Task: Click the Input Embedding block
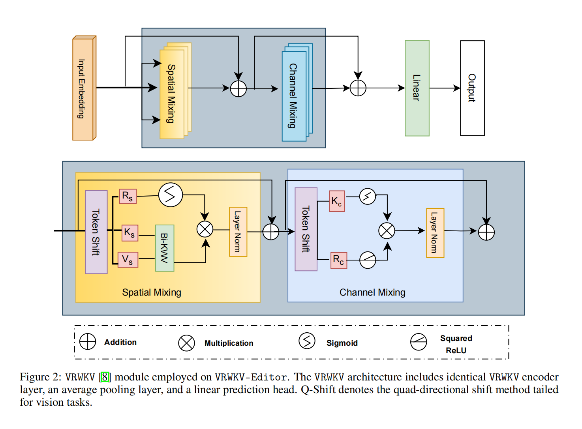click(83, 88)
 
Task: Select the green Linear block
click(417, 88)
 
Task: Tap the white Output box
click(472, 88)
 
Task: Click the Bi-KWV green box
click(165, 248)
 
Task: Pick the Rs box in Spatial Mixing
click(128, 196)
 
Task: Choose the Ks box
click(130, 232)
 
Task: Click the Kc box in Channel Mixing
click(337, 201)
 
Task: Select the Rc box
click(339, 260)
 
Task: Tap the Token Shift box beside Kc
click(306, 229)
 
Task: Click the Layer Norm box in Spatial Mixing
click(238, 232)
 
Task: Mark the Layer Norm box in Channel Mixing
click(435, 233)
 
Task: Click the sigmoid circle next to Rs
click(171, 195)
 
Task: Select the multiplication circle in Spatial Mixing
click(205, 229)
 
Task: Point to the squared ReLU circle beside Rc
click(368, 260)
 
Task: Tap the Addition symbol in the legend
click(88, 341)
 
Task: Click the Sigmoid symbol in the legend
click(307, 341)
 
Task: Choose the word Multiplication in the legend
click(229, 343)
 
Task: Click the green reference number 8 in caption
click(105, 377)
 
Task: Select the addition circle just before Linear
click(358, 88)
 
